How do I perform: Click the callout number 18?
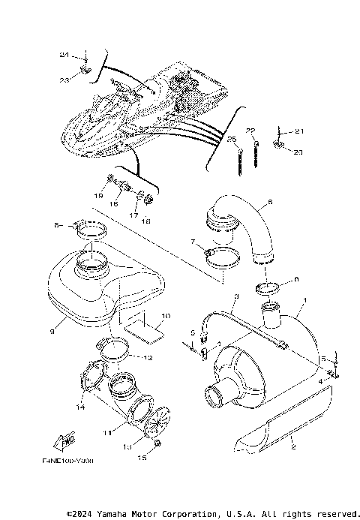tap(146, 221)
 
